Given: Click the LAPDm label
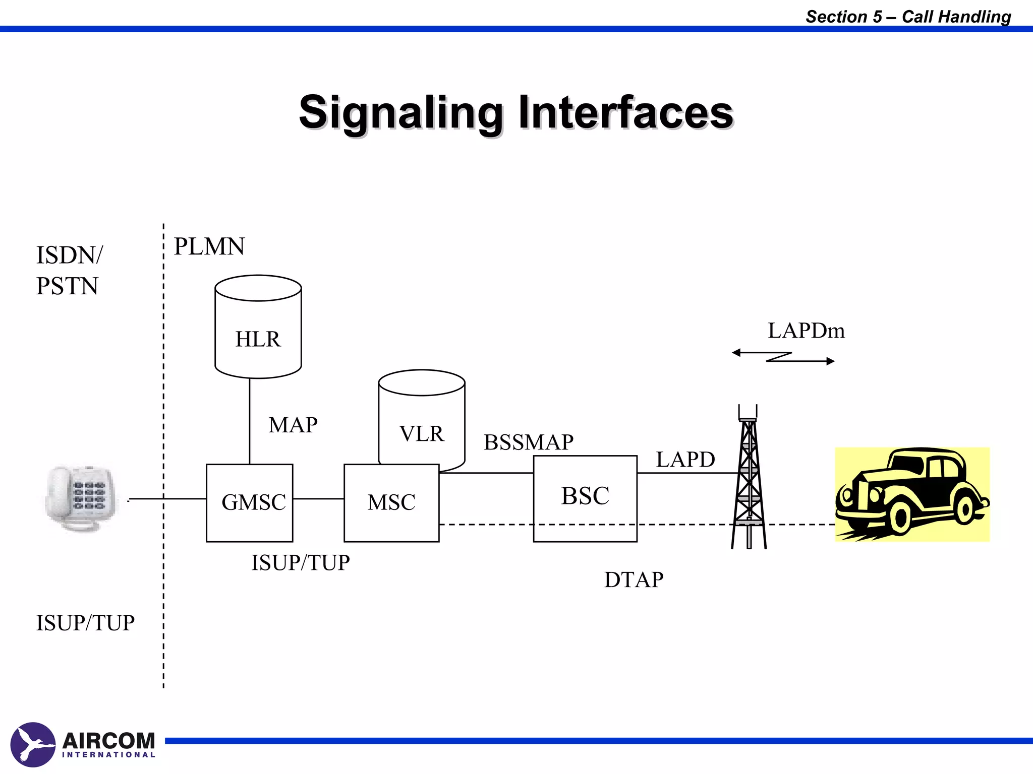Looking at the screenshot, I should pos(806,331).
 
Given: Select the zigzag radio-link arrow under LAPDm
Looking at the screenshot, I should pos(783,357).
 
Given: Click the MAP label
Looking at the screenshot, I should pos(293,425).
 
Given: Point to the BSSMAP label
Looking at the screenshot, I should pos(529,442).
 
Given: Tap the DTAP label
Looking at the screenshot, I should pos(634,580).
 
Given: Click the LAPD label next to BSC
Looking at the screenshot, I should pos(685,460).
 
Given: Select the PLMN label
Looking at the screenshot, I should pos(209,247).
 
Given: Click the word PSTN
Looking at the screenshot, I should pos(67,286).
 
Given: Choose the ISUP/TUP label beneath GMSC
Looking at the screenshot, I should pos(301,563).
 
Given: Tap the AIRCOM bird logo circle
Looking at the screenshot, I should pos(33,744).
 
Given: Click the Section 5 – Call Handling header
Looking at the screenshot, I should pos(908,17).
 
